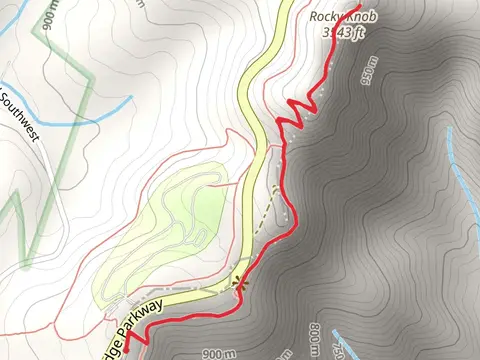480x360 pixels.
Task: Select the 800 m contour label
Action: tap(316, 340)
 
